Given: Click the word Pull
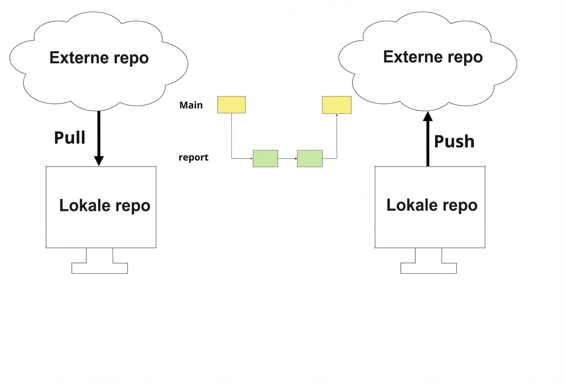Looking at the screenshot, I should (x=70, y=137).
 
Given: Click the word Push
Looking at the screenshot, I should (x=454, y=141).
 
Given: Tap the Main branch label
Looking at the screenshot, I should (x=191, y=105).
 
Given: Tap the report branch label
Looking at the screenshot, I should (x=193, y=158).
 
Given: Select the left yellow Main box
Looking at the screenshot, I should (x=231, y=104).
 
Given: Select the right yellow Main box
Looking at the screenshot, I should (x=336, y=105).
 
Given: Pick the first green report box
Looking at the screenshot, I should (x=265, y=159).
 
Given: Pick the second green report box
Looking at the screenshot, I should (x=310, y=159).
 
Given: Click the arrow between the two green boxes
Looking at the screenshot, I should (x=287, y=159).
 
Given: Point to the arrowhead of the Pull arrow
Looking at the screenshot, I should (x=99, y=160).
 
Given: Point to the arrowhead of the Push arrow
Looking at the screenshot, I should (x=428, y=117).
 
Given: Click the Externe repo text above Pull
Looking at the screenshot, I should (x=99, y=58).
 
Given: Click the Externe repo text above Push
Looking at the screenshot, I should (x=432, y=57).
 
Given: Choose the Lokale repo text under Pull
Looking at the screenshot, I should (x=104, y=206).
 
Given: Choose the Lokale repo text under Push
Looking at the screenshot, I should (x=432, y=205).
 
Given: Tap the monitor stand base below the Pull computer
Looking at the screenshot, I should (x=99, y=268).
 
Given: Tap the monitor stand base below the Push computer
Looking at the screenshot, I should (x=428, y=268).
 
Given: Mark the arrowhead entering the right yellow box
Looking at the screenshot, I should (x=337, y=116).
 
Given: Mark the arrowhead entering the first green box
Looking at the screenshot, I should (x=251, y=159).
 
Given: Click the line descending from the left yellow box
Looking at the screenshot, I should (x=231, y=135).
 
